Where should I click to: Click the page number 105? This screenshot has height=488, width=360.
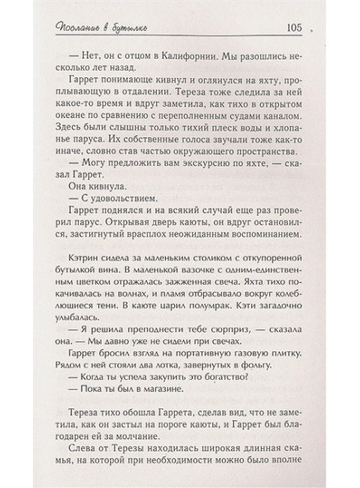click(x=291, y=29)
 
